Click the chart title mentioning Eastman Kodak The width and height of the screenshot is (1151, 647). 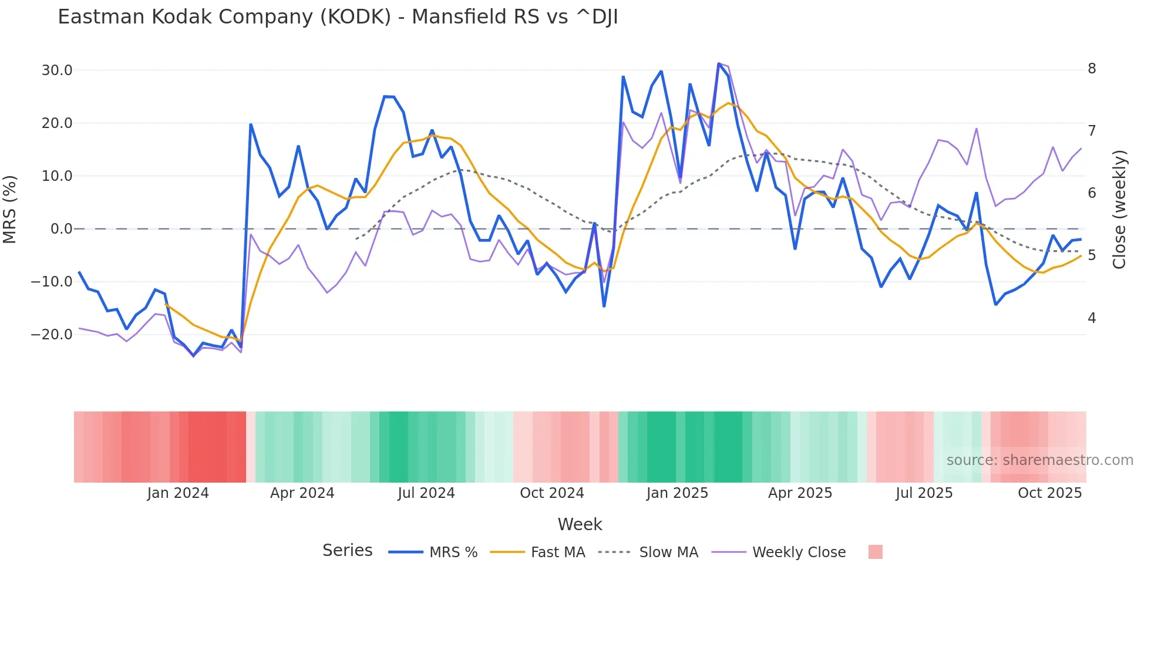(x=338, y=17)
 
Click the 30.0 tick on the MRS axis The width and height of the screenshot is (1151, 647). (x=57, y=70)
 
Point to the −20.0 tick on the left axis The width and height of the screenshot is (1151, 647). (x=52, y=335)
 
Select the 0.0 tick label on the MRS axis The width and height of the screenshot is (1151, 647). (x=61, y=229)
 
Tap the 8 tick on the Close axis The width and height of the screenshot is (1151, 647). (x=1092, y=69)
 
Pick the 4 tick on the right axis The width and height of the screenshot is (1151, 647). (x=1092, y=318)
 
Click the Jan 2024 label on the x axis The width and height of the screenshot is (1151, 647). (x=178, y=493)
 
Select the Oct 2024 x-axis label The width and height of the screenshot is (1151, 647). (x=551, y=493)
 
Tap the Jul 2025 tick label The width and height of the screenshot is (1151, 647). (x=924, y=493)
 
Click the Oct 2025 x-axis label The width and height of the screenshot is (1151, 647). (x=1049, y=493)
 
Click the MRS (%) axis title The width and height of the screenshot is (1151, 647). (x=10, y=209)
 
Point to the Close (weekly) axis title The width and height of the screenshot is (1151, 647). (x=1119, y=210)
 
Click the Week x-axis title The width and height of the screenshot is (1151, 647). (x=580, y=524)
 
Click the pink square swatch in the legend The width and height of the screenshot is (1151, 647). (x=875, y=552)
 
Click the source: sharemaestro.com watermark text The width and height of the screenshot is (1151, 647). (x=1039, y=460)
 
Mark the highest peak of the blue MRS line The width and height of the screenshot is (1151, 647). (x=718, y=63)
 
